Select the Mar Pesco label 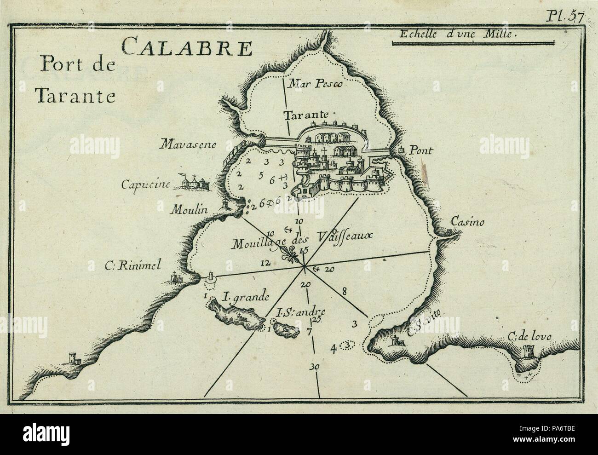(x=310, y=84)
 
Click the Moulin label (x=190, y=210)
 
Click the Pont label (x=420, y=150)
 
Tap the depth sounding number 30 (x=315, y=367)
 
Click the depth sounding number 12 (x=264, y=263)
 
